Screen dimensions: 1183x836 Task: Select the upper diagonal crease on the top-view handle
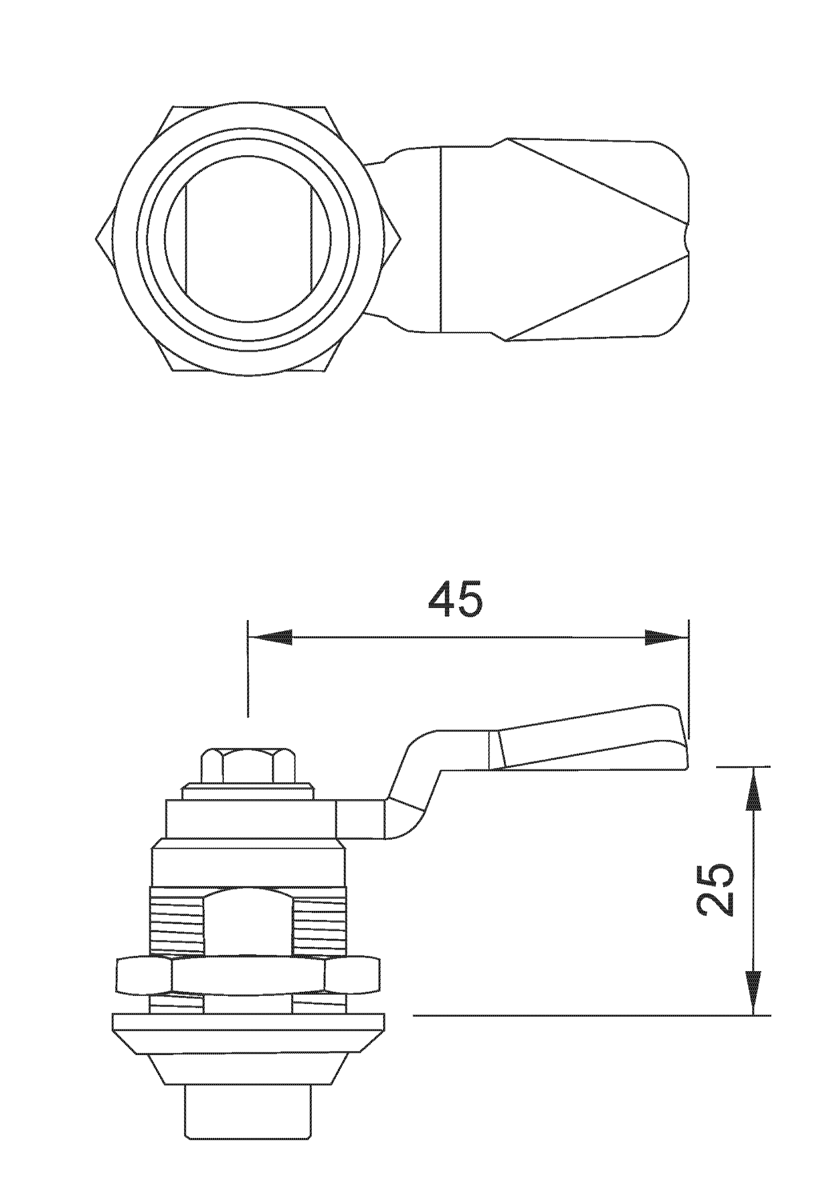coord(596,180)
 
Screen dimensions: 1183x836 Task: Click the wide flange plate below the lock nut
coord(248,1033)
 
